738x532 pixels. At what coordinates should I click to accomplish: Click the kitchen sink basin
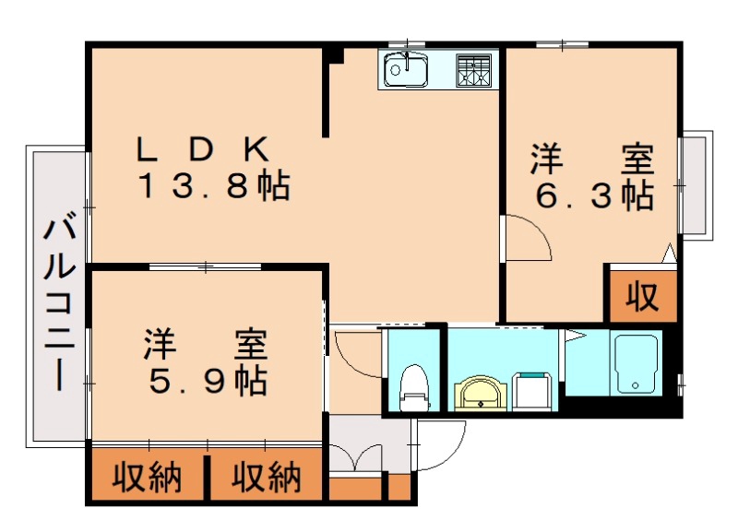pyautogui.click(x=403, y=68)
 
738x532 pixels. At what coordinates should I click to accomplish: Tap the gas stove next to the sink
pyautogui.click(x=474, y=69)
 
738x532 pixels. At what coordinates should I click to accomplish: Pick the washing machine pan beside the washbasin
pyautogui.click(x=532, y=390)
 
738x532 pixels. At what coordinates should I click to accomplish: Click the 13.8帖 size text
pyautogui.click(x=214, y=187)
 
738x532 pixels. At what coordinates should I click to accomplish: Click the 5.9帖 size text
pyautogui.click(x=205, y=379)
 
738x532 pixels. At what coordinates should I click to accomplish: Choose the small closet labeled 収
pyautogui.click(x=642, y=296)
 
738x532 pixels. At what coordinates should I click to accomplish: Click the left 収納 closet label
pyautogui.click(x=148, y=478)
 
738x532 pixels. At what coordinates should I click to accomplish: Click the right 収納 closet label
pyautogui.click(x=266, y=478)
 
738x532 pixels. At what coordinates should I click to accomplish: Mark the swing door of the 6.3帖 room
pyautogui.click(x=526, y=238)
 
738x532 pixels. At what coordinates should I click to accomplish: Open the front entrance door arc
pyautogui.click(x=441, y=447)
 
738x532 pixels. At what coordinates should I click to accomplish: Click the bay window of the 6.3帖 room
pyautogui.click(x=696, y=185)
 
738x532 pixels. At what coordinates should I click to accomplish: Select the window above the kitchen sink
pyautogui.click(x=406, y=43)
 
